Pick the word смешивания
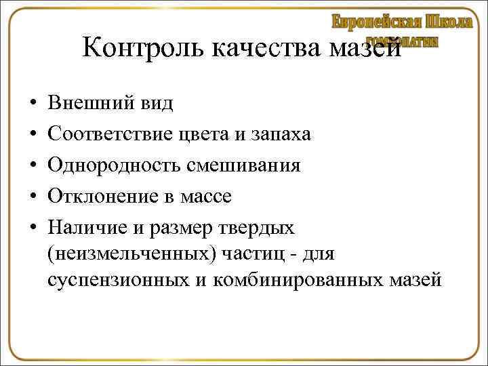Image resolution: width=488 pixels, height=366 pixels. [247, 166]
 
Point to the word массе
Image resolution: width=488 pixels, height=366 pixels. [206, 197]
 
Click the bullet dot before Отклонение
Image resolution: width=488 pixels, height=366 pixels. [33, 197]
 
